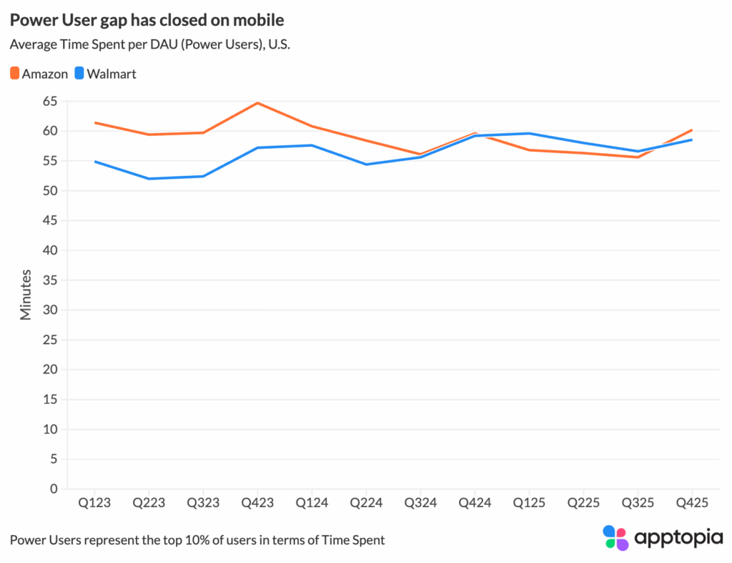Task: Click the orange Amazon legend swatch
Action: [15, 73]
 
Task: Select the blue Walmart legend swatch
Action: [80, 73]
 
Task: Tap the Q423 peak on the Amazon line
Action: [257, 103]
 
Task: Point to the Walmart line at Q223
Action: [149, 179]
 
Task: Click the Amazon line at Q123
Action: [95, 122]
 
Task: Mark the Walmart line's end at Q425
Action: [691, 139]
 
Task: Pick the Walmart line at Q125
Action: [529, 133]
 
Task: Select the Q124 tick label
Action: [312, 503]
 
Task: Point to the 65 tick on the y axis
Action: [49, 102]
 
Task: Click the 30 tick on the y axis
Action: [49, 310]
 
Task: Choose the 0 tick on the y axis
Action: [53, 489]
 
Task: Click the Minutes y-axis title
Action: [26, 294]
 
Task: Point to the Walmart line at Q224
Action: [366, 165]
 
